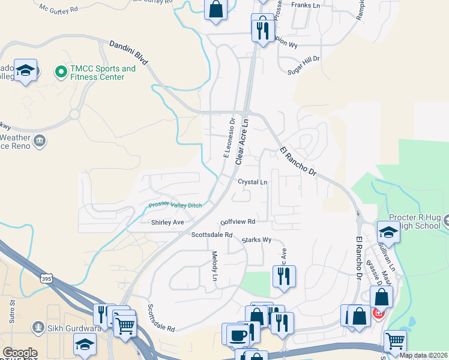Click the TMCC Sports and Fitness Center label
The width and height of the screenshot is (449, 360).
tap(104, 73)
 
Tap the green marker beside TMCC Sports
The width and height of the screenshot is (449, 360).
tap(61, 73)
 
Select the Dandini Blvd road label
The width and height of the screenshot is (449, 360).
tap(129, 53)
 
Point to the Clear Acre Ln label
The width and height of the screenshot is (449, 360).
tap(242, 142)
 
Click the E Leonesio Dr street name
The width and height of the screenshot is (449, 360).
tap(229, 138)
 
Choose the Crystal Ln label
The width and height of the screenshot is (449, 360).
tap(252, 181)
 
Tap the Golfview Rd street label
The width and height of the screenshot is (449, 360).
tap(238, 221)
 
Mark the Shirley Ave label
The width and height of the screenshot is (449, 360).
tap(167, 222)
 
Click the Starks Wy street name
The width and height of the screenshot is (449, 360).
tap(257, 240)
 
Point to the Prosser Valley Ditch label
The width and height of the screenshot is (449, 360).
tap(175, 205)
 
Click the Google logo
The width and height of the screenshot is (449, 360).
tap(20, 353)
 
